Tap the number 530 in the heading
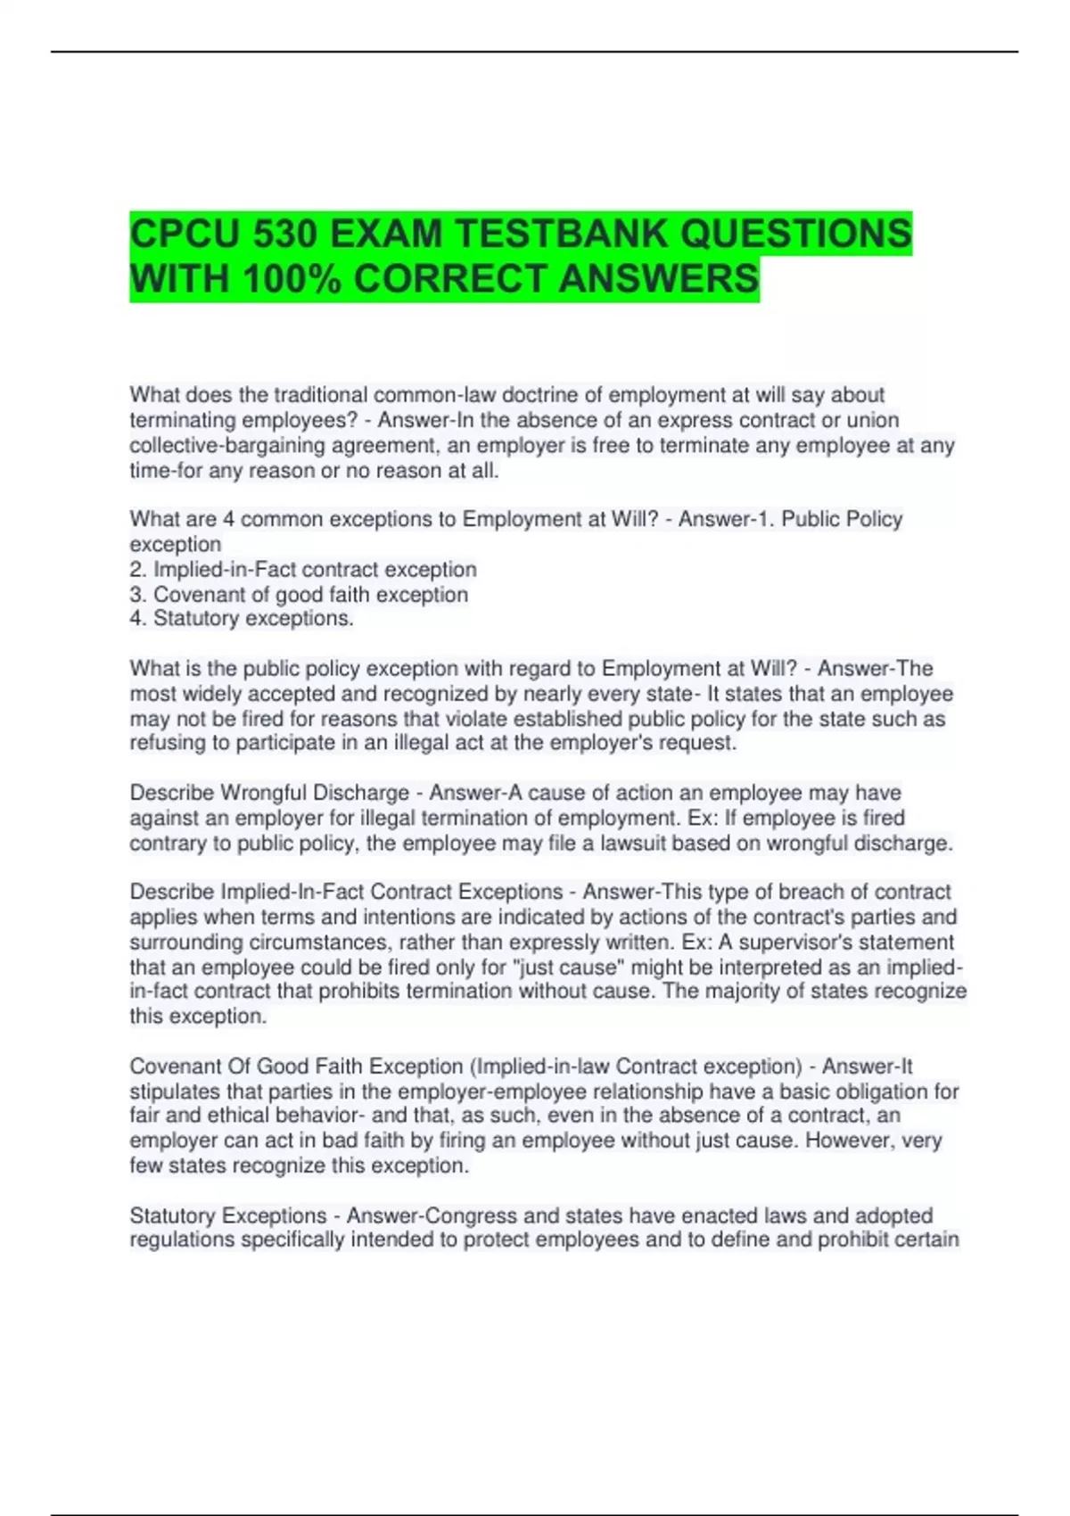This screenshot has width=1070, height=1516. click(x=285, y=235)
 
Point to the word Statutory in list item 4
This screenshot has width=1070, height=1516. click(x=196, y=618)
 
